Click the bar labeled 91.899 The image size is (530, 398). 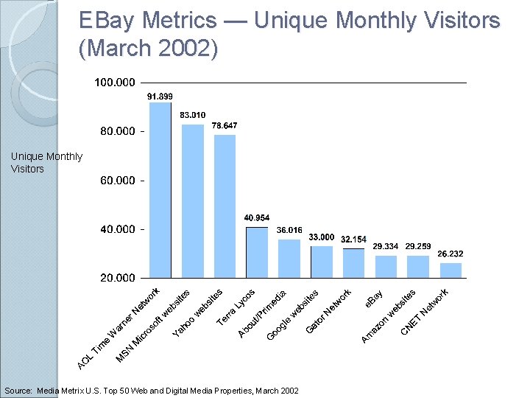160,190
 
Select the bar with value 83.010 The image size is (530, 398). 192,201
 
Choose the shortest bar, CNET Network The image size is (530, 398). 451,270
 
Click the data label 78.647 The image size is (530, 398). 225,126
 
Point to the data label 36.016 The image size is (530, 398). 289,230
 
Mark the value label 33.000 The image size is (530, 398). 322,237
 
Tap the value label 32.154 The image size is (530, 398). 353,240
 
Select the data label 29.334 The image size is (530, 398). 386,246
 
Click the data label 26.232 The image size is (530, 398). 451,254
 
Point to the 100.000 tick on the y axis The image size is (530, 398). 115,82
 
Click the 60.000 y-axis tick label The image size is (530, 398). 118,180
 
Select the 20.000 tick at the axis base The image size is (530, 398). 118,278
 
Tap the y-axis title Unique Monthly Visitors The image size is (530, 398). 46,162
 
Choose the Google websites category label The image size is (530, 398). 292,315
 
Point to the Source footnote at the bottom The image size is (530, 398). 152,390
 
